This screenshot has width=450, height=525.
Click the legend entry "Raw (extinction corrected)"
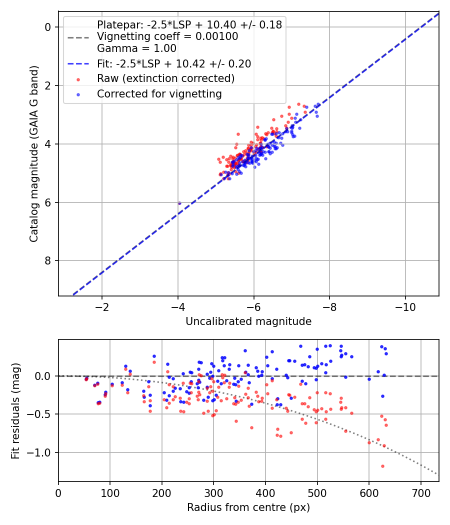click(x=165, y=78)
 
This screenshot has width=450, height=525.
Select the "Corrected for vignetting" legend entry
click(x=159, y=93)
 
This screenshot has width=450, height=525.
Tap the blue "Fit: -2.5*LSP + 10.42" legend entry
click(x=174, y=63)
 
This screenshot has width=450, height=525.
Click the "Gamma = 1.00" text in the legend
click(x=136, y=48)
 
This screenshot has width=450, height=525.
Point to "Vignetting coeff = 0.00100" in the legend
click(x=167, y=36)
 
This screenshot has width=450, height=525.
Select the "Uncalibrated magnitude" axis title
click(x=248, y=321)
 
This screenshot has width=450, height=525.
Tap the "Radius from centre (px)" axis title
click(x=248, y=507)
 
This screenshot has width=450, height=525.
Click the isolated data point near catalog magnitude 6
click(x=179, y=203)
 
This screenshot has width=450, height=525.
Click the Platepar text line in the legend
click(x=189, y=24)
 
